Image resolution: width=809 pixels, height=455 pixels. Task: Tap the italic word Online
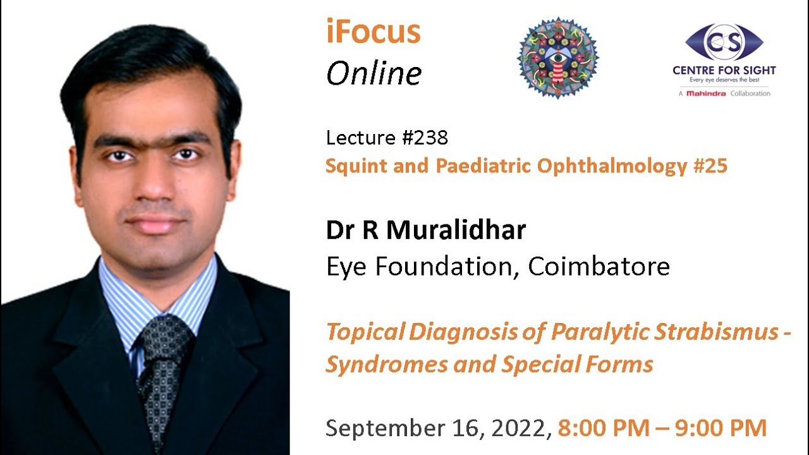tap(374, 74)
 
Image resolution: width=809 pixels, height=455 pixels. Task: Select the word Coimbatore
tap(599, 267)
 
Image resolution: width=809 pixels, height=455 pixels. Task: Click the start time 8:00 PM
tap(603, 428)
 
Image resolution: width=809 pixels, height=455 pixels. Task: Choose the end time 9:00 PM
tap(721, 428)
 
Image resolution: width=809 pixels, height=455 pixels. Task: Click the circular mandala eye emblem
tap(557, 58)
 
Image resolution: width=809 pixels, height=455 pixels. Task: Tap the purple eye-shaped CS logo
tap(724, 42)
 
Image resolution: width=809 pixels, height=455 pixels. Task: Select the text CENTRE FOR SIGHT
tap(724, 71)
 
